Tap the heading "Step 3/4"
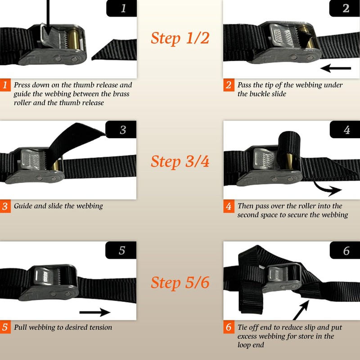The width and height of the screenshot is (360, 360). click(x=180, y=161)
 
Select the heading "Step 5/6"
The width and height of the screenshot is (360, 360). click(x=180, y=283)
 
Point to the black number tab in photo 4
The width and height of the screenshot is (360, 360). click(x=345, y=130)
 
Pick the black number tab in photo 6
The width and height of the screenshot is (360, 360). click(x=345, y=250)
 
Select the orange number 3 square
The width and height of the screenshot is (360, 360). click(x=5, y=207)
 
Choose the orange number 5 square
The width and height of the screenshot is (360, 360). click(x=5, y=327)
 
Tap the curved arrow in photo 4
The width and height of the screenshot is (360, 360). click(x=326, y=188)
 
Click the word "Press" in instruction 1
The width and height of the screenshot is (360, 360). click(x=23, y=85)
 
